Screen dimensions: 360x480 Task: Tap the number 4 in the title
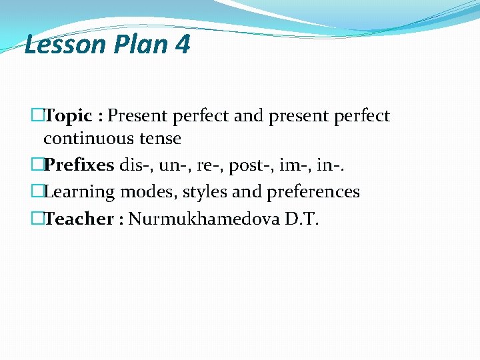click(182, 45)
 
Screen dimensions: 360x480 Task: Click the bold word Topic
click(68, 116)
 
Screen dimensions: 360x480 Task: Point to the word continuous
click(88, 139)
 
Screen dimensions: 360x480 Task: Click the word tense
click(159, 139)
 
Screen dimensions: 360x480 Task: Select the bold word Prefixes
click(79, 165)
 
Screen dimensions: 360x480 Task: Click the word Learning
click(79, 192)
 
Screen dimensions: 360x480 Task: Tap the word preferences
click(313, 192)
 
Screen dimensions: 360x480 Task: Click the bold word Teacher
click(79, 219)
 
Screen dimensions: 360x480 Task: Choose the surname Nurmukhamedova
click(203, 219)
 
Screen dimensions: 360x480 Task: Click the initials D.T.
click(302, 219)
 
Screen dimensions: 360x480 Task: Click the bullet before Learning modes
click(37, 192)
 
